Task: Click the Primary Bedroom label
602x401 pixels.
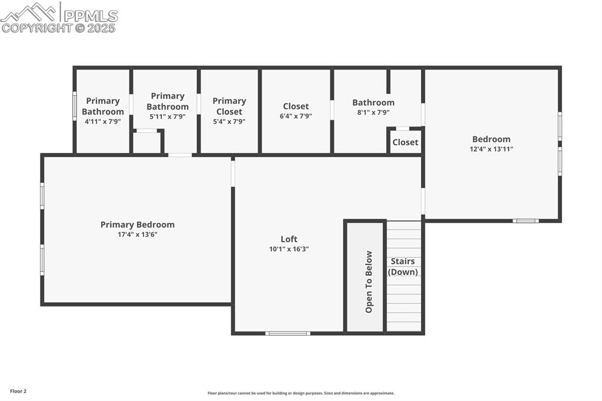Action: (137, 225)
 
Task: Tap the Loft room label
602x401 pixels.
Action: (289, 239)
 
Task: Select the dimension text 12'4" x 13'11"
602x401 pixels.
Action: (492, 149)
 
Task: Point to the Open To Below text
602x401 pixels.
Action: (369, 282)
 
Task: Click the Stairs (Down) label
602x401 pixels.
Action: (403, 266)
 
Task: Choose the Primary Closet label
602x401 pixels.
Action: (229, 106)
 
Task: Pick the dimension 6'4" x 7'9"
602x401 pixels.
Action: (296, 116)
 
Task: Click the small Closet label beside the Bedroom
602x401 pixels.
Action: (406, 142)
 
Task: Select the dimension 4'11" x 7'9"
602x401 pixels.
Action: (103, 122)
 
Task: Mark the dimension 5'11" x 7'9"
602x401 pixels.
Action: (168, 116)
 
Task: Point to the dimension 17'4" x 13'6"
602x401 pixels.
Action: (138, 235)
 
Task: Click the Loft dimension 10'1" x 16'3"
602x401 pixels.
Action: (289, 249)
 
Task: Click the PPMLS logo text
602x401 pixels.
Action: (91, 16)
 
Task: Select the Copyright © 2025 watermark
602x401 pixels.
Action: (59, 28)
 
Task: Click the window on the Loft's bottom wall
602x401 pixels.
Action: (287, 333)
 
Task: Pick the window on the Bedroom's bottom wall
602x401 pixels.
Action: (526, 221)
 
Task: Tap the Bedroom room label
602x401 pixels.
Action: (491, 139)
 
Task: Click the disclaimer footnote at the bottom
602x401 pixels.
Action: (301, 393)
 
